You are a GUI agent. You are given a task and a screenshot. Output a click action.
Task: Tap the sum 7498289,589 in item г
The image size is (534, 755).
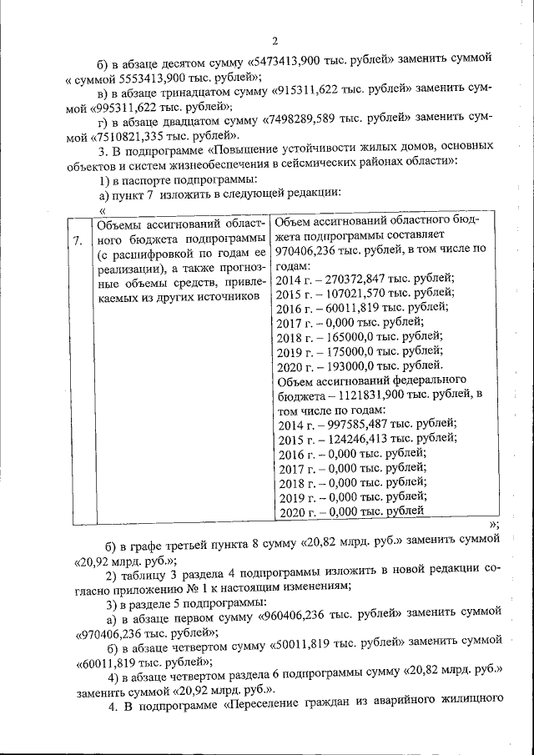coord(304,120)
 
